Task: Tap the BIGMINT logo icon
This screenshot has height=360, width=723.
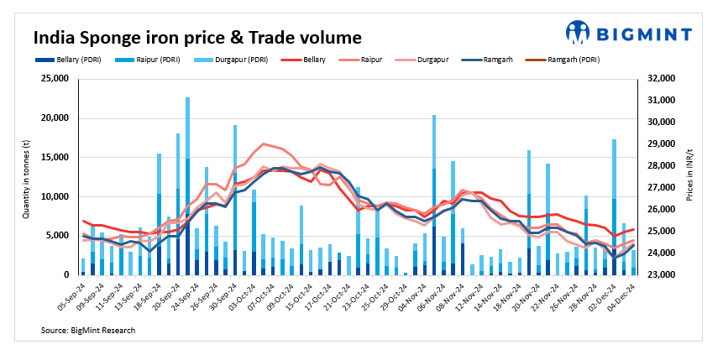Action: tap(578, 32)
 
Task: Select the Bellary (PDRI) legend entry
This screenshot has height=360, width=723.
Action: tap(67, 60)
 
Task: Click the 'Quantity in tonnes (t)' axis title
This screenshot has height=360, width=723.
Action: tap(26, 176)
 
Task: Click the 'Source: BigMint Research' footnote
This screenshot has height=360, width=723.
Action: tap(88, 331)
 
